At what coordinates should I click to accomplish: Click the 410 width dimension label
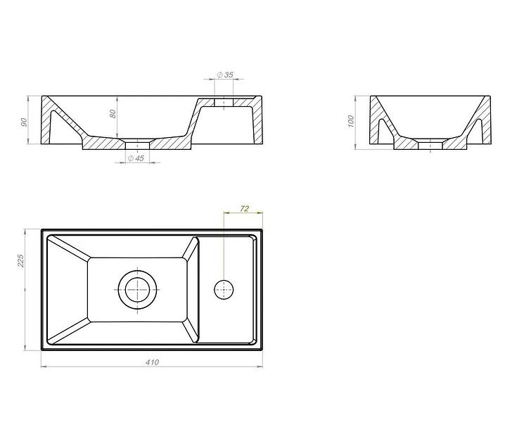152,362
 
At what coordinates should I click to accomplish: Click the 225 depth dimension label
20,261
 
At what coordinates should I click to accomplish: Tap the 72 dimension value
244,209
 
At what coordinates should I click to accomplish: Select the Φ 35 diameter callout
225,75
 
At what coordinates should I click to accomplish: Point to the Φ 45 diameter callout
136,158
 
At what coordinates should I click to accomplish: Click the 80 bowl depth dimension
113,114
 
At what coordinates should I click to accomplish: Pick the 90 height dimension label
24,122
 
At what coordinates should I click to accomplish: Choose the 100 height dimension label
350,122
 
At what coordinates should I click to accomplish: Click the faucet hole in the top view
224,290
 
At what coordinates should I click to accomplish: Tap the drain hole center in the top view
137,290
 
